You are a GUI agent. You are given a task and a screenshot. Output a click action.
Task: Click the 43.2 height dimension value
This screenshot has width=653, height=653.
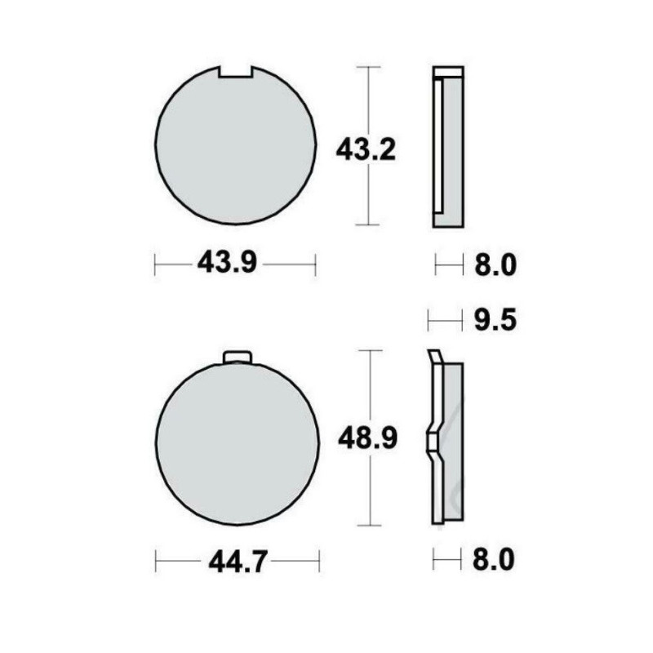click(x=366, y=150)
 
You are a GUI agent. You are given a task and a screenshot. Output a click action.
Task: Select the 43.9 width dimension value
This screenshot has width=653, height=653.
click(x=226, y=264)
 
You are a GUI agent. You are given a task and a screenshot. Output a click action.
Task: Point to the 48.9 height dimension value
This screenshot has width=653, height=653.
click(x=367, y=440)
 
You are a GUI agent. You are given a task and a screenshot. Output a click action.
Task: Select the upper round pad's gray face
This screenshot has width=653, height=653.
click(x=235, y=147)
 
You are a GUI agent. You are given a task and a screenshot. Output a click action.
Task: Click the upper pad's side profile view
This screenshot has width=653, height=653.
click(x=448, y=147)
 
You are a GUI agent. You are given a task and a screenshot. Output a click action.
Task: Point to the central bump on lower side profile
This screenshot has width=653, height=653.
click(x=431, y=441)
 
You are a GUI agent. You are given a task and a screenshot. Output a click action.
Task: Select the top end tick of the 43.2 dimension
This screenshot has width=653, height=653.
click(x=370, y=66)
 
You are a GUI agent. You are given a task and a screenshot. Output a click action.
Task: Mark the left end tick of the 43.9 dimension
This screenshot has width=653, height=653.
click(x=156, y=264)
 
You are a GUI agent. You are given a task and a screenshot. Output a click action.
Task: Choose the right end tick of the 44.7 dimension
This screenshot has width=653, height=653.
click(x=320, y=561)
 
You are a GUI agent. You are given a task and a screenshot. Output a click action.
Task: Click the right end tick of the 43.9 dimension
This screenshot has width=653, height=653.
click(x=315, y=264)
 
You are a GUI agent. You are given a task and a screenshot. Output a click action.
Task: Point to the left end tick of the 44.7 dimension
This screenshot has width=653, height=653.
click(x=156, y=561)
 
